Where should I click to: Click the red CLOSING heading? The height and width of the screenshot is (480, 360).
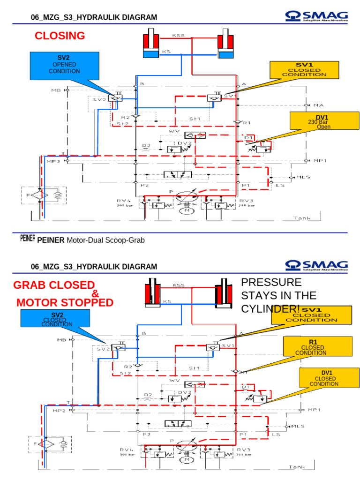pos(60,36)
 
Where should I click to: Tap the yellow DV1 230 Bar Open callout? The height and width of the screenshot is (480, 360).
pos(320,121)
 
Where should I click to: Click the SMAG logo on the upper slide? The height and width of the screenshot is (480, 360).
pos(316,17)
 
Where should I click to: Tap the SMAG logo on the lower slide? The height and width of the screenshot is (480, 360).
pos(316,266)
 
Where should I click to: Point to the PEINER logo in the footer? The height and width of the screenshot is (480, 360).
pos(28,239)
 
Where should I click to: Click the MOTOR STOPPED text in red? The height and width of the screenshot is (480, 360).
pos(65,302)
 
